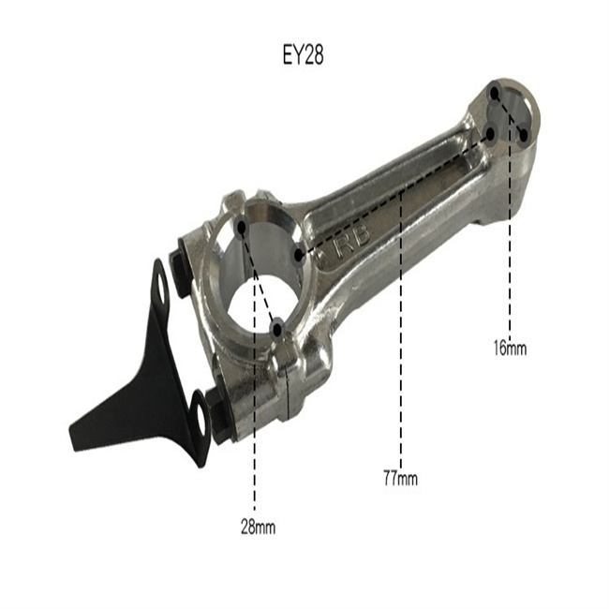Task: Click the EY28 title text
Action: (303, 55)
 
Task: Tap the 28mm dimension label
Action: (258, 527)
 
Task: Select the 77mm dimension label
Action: (400, 478)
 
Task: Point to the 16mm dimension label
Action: (510, 348)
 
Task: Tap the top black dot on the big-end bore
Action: (242, 228)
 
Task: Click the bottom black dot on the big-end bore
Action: (277, 330)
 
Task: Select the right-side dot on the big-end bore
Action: (298, 255)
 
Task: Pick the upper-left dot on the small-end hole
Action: (495, 94)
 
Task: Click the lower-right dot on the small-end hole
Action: (523, 135)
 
